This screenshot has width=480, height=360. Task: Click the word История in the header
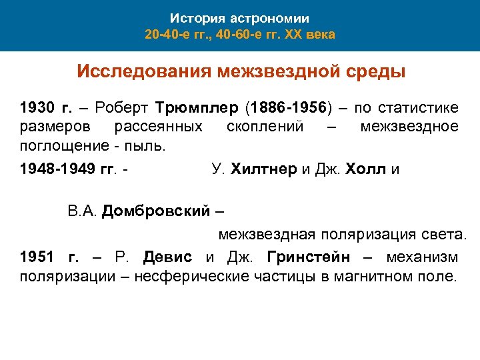193,19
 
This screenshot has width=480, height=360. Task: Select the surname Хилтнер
264,169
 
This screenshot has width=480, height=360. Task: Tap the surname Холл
365,169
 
